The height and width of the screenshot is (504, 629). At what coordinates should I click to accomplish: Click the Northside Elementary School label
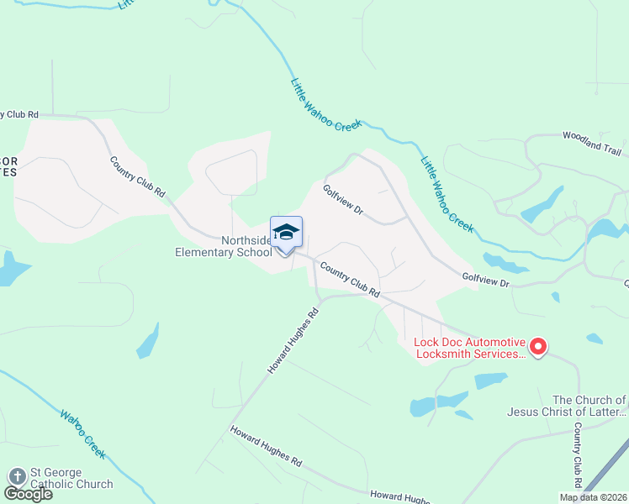point(223,246)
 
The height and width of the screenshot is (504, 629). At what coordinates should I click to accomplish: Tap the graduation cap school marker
point(286,233)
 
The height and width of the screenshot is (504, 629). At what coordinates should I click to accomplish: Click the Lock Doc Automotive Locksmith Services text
point(469,348)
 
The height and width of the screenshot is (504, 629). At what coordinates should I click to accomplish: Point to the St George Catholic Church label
point(71,478)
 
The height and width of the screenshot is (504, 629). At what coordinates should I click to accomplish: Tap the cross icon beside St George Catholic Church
point(17,476)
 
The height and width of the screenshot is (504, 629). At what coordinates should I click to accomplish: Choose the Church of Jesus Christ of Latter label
point(566,406)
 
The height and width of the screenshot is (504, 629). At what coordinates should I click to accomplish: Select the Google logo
point(28,494)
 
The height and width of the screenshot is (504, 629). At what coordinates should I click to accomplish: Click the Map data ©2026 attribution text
point(592,497)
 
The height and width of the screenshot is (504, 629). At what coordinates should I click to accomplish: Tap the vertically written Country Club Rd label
point(579,454)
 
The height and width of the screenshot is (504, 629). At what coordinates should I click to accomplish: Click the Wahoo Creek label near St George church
point(83,433)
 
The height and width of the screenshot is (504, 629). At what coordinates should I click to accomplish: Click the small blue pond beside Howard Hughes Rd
point(148,341)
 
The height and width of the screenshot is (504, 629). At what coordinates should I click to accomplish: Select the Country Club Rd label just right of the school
point(349,281)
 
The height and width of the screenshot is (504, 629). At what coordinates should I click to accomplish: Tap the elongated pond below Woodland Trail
point(542,206)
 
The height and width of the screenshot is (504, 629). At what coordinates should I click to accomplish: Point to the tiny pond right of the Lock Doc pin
point(594,339)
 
